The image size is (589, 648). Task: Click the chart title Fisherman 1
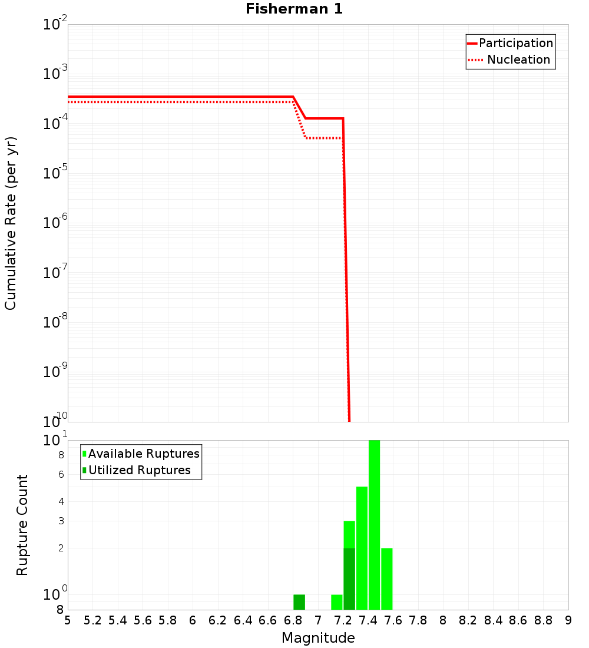pyautogui.click(x=294, y=9)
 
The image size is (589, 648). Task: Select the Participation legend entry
pyautogui.click(x=515, y=43)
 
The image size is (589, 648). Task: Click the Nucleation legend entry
pyautogui.click(x=518, y=59)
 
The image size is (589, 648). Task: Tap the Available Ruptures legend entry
pyautogui.click(x=144, y=454)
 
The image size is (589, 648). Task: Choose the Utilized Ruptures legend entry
pyautogui.click(x=139, y=470)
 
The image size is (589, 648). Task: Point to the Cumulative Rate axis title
pyautogui.click(x=11, y=223)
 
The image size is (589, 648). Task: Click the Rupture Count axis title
pyautogui.click(x=22, y=525)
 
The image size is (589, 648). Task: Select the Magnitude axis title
pyautogui.click(x=318, y=638)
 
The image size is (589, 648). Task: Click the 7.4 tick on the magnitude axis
pyautogui.click(x=368, y=620)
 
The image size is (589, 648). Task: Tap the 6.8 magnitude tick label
pyautogui.click(x=293, y=620)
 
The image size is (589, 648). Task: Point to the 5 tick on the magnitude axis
pyautogui.click(x=68, y=620)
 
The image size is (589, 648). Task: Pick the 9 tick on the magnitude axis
pyautogui.click(x=568, y=620)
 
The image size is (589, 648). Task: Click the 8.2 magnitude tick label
pyautogui.click(x=468, y=620)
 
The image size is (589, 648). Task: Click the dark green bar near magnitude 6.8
pyautogui.click(x=299, y=602)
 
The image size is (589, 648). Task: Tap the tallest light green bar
pyautogui.click(x=374, y=524)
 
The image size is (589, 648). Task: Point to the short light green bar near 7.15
pyautogui.click(x=337, y=602)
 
